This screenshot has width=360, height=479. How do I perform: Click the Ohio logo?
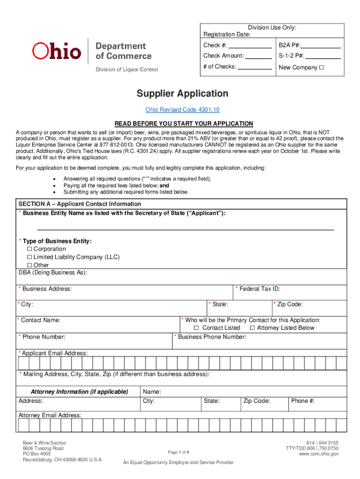[57, 51]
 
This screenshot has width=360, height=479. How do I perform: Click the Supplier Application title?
[182, 94]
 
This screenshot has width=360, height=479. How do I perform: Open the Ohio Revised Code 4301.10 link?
[182, 109]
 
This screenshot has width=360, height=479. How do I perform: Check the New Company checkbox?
[321, 67]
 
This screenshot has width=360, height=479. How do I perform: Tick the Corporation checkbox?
[29, 249]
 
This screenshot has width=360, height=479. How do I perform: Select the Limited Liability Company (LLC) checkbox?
[29, 257]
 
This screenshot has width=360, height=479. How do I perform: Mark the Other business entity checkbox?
[29, 265]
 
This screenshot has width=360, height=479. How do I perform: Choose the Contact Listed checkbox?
[196, 328]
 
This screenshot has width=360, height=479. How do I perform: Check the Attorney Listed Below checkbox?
[252, 328]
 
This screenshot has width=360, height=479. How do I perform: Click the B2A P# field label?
[290, 45]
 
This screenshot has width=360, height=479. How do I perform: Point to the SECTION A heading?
[79, 204]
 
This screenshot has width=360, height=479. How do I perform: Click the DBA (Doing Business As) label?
[53, 273]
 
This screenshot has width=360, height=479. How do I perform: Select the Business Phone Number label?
[212, 337]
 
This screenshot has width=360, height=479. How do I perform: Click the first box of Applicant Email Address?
[23, 363]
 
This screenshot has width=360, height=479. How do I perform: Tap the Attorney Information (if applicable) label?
[79, 392]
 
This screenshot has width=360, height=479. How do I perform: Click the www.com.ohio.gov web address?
[318, 454]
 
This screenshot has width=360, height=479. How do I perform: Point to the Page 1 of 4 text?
[179, 452]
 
